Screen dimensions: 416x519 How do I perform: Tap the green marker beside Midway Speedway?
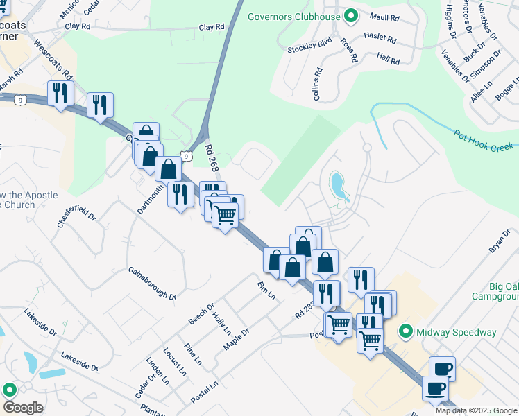[x=407, y=332]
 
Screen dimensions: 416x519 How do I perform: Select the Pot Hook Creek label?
[x=483, y=141]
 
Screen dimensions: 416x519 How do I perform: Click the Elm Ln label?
[x=266, y=291]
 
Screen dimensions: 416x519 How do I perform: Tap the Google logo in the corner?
[x=23, y=408]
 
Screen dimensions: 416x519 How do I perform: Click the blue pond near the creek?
[x=338, y=185]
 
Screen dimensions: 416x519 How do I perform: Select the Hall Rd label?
[x=388, y=61]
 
